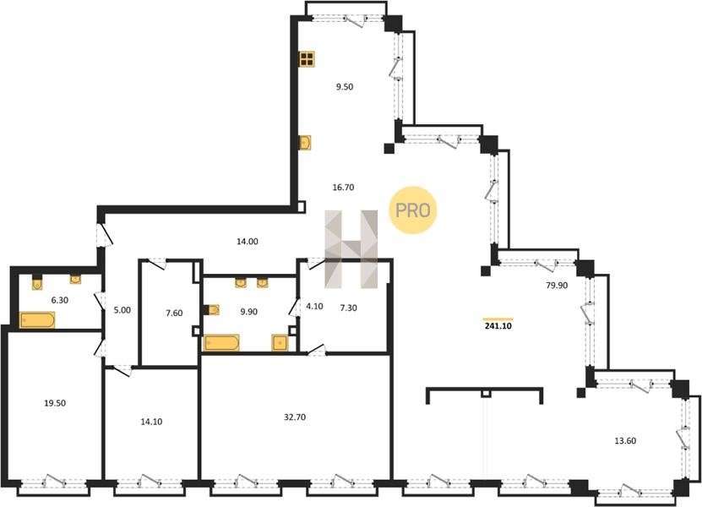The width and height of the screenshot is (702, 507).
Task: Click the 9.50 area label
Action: tap(345, 87)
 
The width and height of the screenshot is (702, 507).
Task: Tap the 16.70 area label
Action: tap(343, 188)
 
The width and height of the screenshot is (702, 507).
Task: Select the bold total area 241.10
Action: tap(498, 326)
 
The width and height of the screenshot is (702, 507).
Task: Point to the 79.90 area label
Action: tap(557, 286)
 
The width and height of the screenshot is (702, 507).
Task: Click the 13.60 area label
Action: tap(625, 441)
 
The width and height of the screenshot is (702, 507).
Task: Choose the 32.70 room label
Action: tap(295, 417)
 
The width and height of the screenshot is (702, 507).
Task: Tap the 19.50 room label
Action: tap(55, 403)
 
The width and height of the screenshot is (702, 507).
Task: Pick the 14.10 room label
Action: tap(151, 422)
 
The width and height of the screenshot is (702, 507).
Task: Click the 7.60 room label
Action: tap(174, 313)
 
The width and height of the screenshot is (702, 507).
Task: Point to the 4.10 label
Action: tap(314, 307)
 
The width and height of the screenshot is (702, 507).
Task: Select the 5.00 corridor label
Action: tap(122, 310)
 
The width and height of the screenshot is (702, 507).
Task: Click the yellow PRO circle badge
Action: tap(412, 210)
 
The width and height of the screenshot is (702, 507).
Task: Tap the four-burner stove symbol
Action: tap(307, 58)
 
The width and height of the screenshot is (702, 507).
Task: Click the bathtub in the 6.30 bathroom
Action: tap(37, 319)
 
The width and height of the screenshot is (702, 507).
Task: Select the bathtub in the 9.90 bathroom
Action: tap(221, 342)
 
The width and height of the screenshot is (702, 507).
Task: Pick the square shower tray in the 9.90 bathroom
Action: tap(280, 342)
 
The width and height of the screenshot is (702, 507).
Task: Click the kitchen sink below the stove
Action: tap(305, 143)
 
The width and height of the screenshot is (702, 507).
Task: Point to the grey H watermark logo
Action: tap(351, 249)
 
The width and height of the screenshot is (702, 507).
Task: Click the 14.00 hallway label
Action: tap(248, 242)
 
